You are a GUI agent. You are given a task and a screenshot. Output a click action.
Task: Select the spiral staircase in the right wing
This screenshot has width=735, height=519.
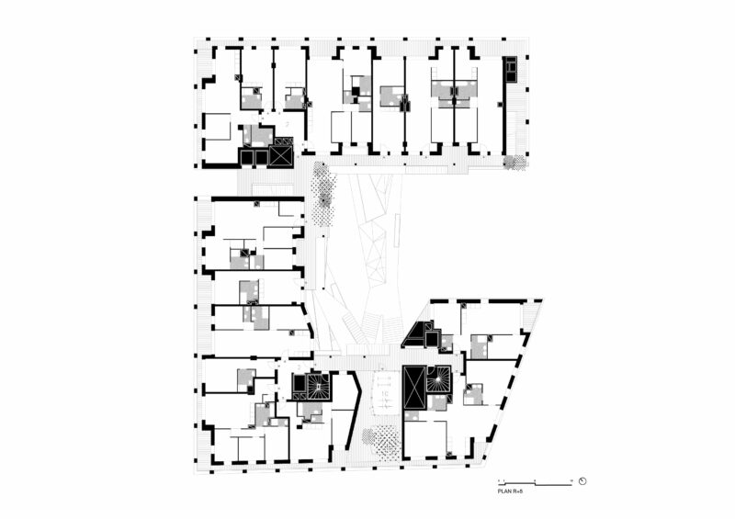tap(439, 378)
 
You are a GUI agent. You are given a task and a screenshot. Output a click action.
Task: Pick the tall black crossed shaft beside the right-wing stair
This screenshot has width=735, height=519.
tap(413, 388)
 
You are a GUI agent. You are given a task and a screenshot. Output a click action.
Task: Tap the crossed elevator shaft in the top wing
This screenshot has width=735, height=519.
tap(282, 156)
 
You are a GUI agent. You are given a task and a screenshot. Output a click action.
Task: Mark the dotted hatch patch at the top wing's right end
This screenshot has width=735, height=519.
tap(517, 163)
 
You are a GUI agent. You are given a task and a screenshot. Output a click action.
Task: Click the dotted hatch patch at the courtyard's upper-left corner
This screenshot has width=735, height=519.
tap(322, 193)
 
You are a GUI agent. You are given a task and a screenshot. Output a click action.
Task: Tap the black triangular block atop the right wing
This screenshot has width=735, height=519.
tap(418, 333)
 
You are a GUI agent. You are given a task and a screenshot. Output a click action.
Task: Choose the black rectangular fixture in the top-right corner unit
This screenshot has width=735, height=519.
tap(511, 68)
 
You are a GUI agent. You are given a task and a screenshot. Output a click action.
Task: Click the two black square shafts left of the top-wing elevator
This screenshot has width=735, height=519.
tap(253, 156)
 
